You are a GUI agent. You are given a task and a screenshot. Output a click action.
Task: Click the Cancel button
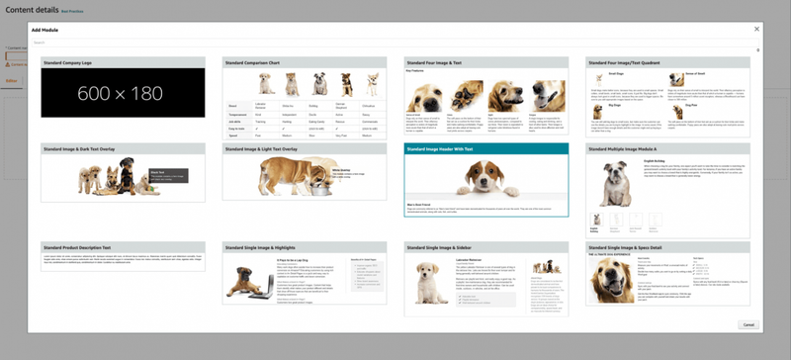click(x=747, y=324)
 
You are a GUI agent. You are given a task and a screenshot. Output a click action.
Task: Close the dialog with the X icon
click(x=756, y=29)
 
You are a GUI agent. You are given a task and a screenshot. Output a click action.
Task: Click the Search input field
click(x=395, y=43)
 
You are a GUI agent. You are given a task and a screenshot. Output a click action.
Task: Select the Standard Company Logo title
click(x=71, y=62)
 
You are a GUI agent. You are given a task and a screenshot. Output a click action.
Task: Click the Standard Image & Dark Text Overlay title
click(x=80, y=148)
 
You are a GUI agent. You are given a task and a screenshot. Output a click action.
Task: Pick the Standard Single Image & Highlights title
click(x=264, y=246)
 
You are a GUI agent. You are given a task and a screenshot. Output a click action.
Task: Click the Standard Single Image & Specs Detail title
click(x=633, y=246)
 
